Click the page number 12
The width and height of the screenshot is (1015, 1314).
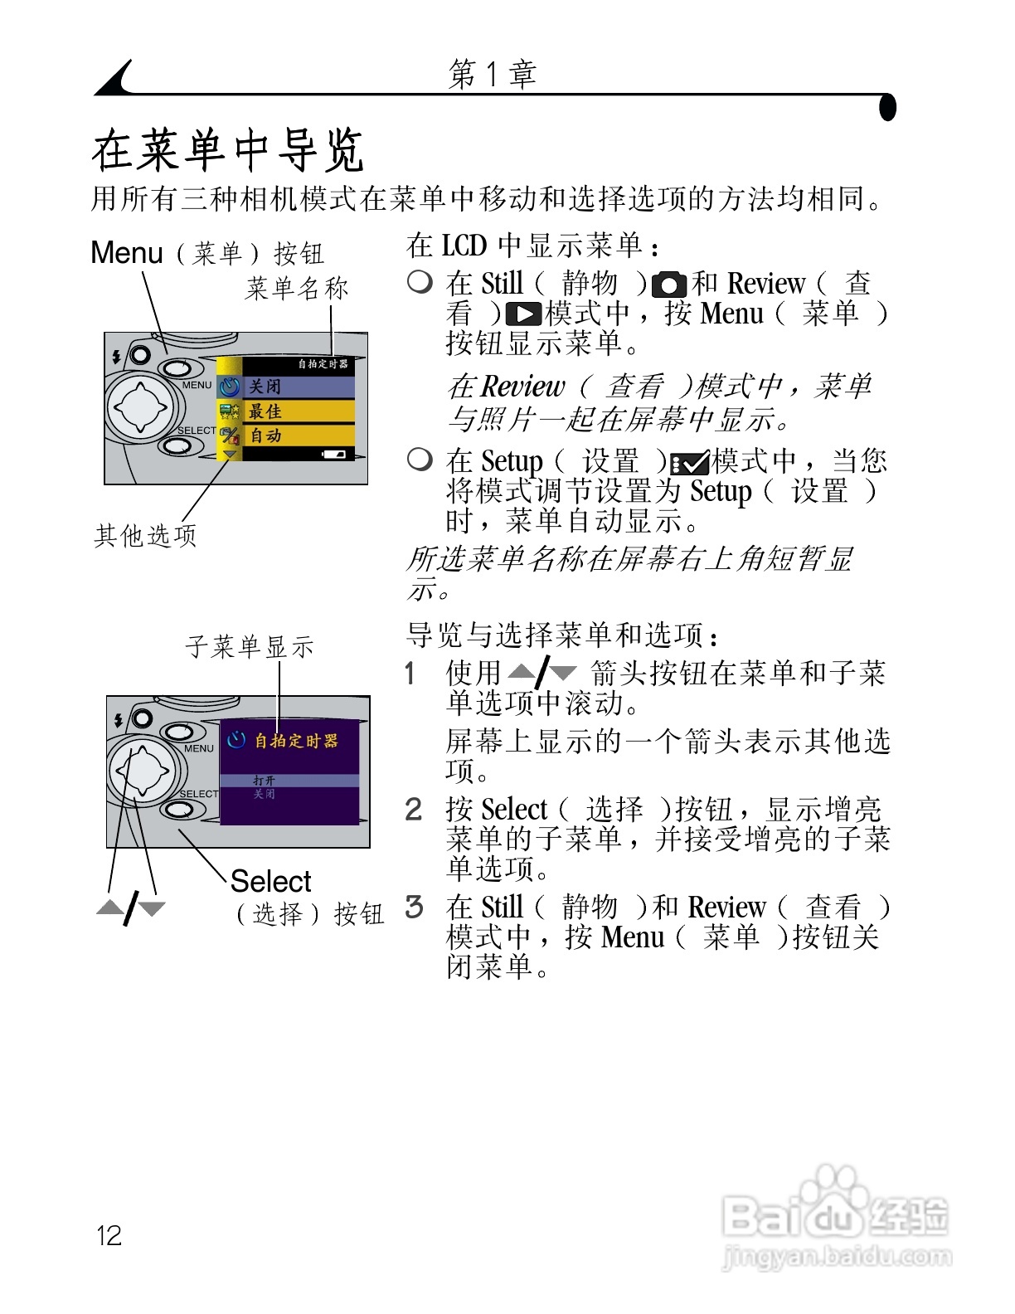109,1235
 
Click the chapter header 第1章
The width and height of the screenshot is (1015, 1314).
492,75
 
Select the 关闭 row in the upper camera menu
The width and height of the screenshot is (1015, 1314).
286,387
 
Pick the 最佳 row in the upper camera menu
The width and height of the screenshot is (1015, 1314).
286,411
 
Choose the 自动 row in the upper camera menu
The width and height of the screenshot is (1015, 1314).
286,436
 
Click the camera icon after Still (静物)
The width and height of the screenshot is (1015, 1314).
669,285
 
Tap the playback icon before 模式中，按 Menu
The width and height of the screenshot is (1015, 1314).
523,314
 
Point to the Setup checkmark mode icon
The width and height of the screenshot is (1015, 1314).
689,462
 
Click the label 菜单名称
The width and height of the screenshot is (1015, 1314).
297,289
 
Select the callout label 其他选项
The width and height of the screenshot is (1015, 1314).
146,536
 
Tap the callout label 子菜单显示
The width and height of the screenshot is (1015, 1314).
250,646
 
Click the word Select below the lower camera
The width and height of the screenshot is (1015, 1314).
270,881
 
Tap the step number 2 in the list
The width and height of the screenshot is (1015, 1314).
414,810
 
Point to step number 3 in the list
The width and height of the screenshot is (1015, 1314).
414,907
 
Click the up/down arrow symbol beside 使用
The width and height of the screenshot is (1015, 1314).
542,673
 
